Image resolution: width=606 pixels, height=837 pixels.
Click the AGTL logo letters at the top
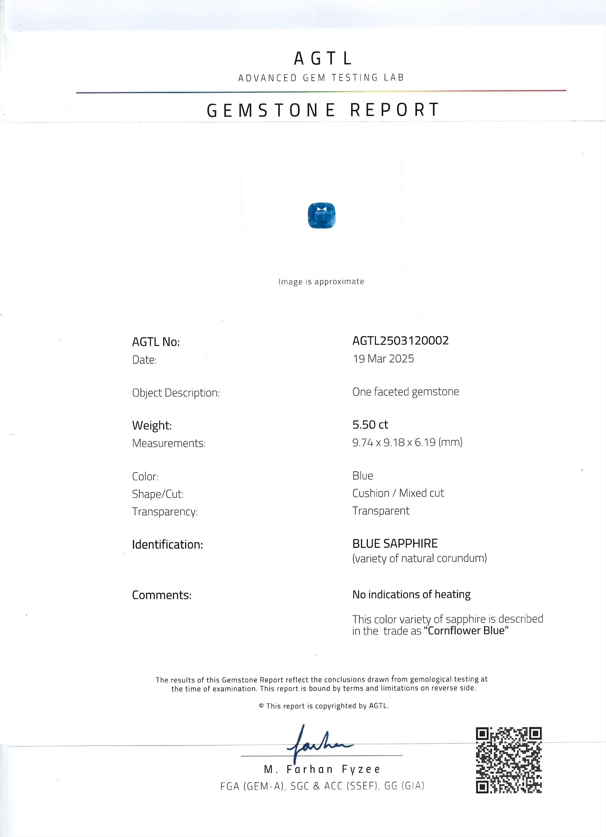click(323, 58)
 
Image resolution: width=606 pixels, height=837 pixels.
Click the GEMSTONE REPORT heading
click(323, 110)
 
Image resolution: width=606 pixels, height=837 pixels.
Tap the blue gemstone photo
click(322, 215)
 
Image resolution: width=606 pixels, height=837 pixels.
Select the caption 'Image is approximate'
click(321, 282)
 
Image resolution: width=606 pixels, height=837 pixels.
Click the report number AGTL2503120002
click(400, 340)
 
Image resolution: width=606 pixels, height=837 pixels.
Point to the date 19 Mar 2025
click(383, 359)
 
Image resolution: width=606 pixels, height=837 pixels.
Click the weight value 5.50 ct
click(370, 425)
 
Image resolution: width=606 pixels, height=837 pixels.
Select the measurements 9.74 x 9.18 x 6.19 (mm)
click(407, 442)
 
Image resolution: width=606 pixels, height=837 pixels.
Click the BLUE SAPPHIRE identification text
click(395, 544)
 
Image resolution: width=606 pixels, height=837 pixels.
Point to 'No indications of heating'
click(411, 594)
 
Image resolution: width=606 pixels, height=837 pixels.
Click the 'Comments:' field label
click(162, 595)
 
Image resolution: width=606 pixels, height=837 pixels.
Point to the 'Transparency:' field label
click(165, 512)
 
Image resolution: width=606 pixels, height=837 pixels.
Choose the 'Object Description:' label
click(176, 393)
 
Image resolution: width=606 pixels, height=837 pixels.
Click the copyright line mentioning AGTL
click(324, 706)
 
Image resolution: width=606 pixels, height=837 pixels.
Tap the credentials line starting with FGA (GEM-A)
click(322, 786)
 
